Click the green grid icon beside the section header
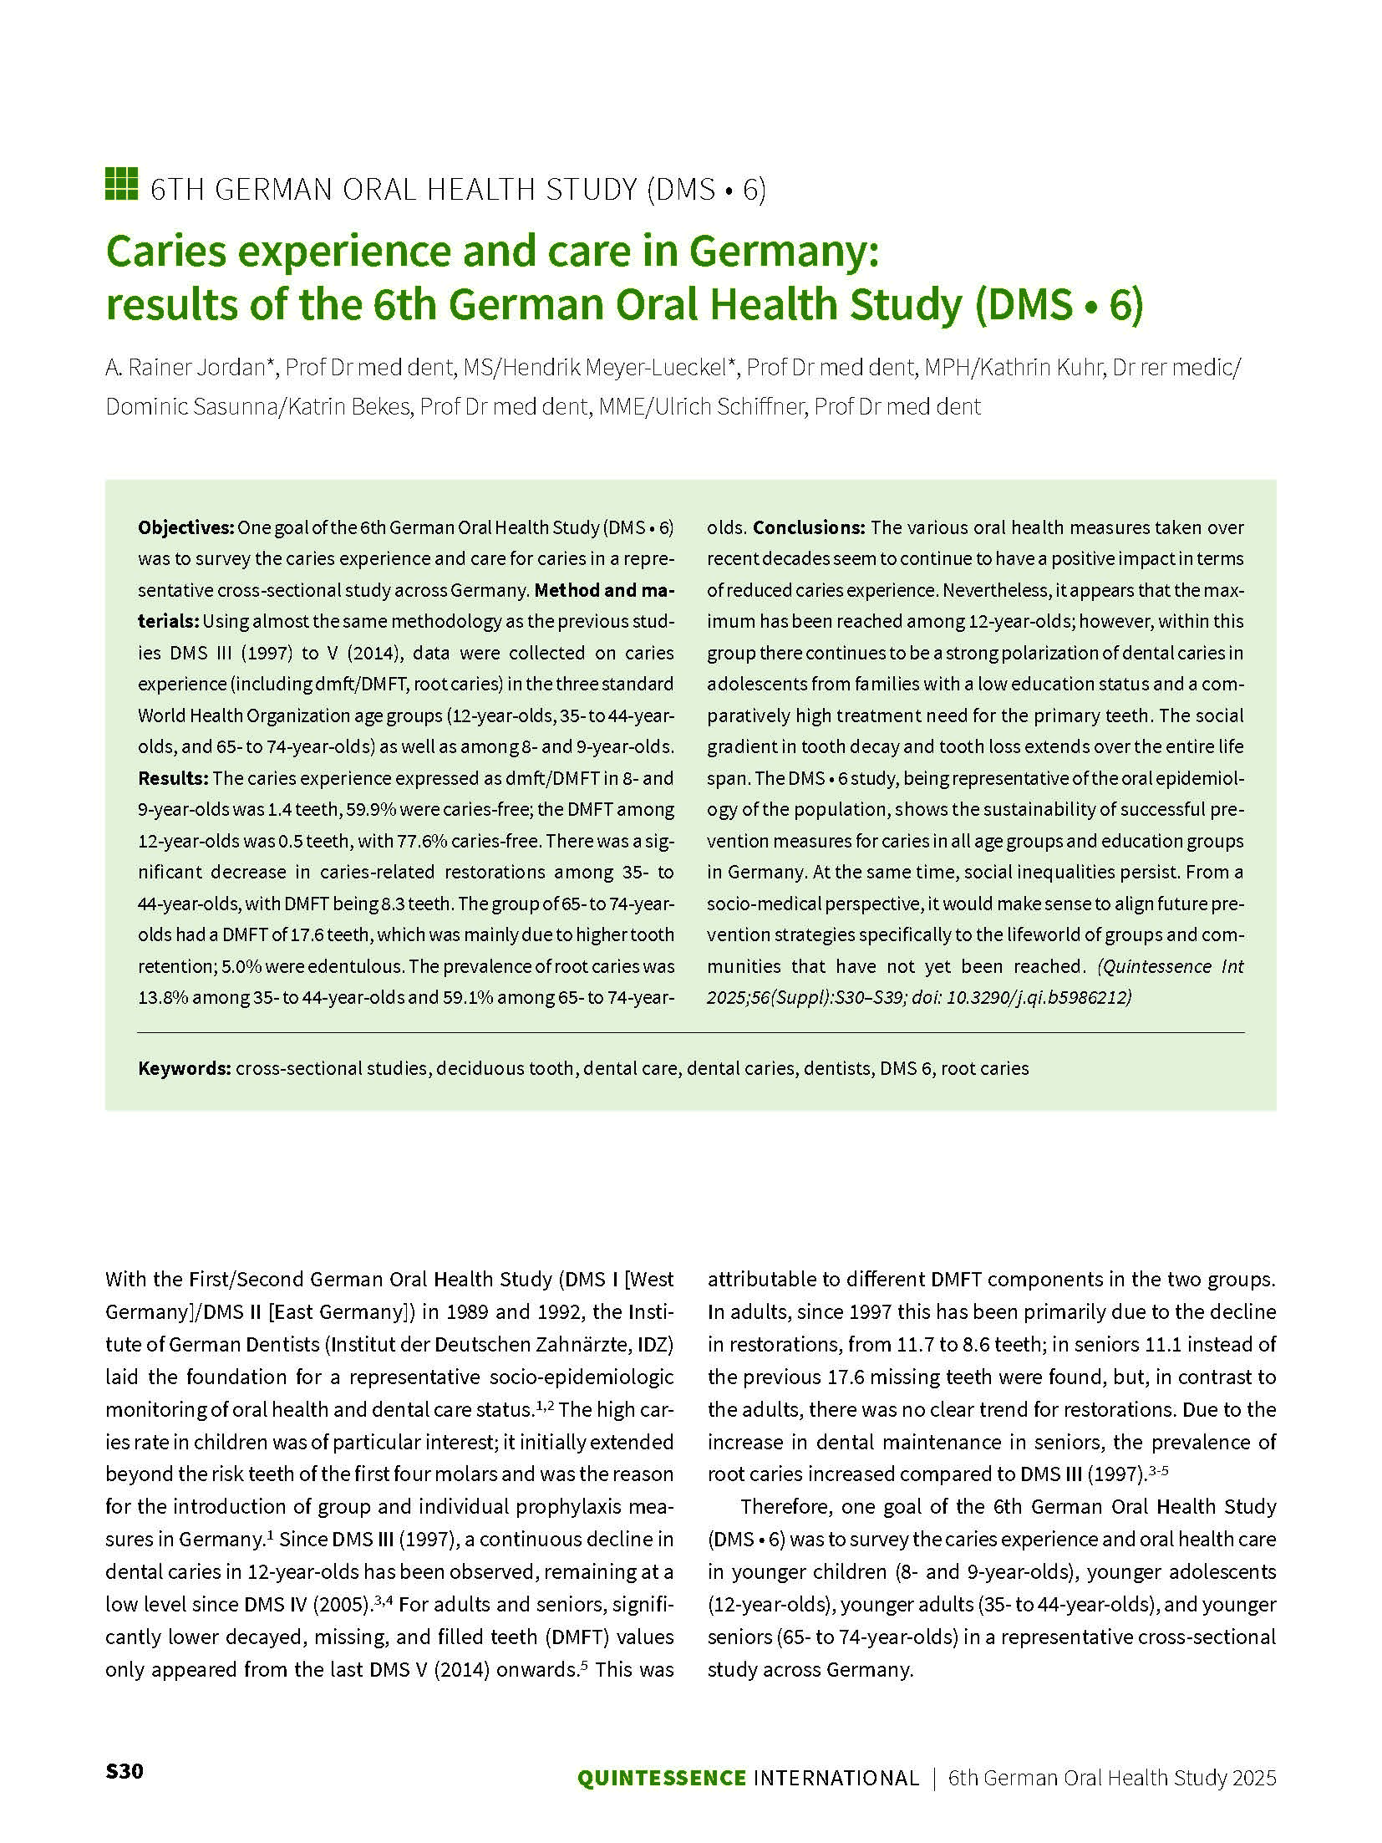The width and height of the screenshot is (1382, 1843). pos(121,185)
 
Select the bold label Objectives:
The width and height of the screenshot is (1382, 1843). pos(185,527)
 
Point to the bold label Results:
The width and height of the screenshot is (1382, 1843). pos(173,778)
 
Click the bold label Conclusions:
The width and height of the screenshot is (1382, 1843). pos(809,527)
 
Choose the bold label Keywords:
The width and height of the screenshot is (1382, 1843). pos(184,1068)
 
